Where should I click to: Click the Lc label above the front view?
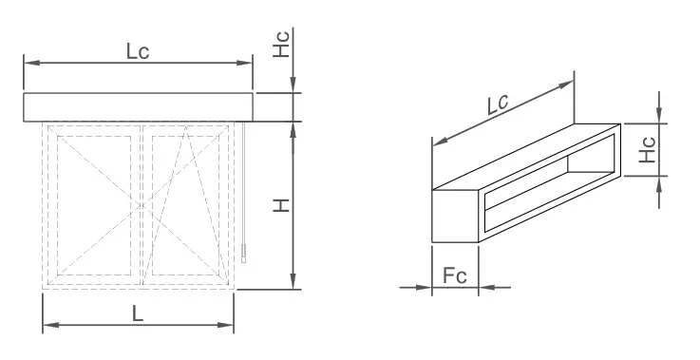[138, 51]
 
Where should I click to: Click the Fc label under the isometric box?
[455, 276]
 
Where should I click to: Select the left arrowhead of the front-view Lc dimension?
[29, 63]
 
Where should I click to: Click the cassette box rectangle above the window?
[138, 106]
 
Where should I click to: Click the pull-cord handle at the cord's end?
[243, 254]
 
